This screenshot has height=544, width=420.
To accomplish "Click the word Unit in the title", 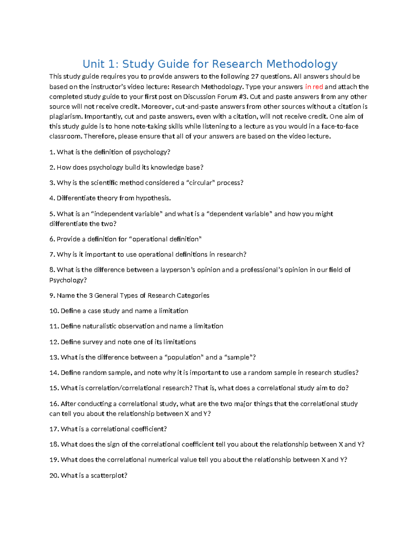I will pos(93,64).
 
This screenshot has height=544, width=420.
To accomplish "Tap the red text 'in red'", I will pos(314,87).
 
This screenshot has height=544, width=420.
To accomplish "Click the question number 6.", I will pos(52,239).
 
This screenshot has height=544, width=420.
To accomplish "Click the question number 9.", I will pos(52,296).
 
